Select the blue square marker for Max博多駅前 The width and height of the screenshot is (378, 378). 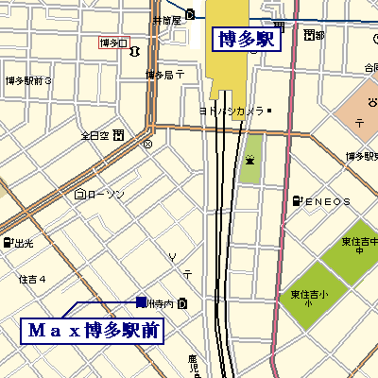tap(141, 302)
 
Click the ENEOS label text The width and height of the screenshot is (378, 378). tap(328, 201)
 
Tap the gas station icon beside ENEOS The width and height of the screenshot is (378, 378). tap(298, 201)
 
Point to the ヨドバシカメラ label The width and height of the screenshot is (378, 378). tap(231, 112)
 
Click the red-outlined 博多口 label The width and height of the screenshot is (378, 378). tap(112, 43)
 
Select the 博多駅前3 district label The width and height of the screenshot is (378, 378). tap(28, 81)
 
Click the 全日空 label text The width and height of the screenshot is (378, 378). tap(94, 135)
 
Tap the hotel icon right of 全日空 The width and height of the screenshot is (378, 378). tap(117, 135)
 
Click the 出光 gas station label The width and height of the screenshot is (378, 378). tap(24, 244)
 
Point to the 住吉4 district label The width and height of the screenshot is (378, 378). tap(32, 279)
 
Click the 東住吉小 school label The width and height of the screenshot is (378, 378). tap(309, 298)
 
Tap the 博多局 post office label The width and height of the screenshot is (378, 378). tap(160, 75)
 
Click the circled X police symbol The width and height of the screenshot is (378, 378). tap(146, 145)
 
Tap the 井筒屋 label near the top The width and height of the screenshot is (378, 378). tap(166, 20)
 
